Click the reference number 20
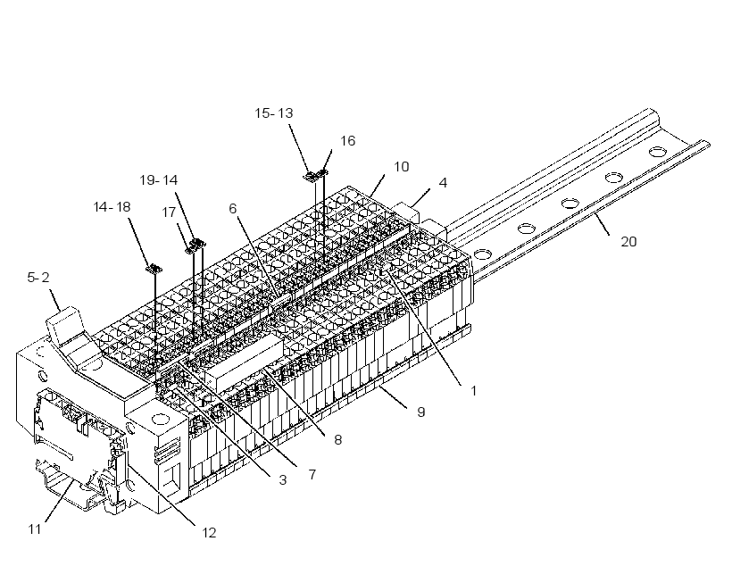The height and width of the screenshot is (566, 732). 628,241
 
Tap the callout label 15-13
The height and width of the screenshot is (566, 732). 274,113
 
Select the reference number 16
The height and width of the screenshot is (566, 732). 347,140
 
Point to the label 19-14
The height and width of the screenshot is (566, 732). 159,179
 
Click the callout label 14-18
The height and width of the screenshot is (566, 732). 112,207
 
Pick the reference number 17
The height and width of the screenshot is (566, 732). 169,212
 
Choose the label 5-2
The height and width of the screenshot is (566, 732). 38,278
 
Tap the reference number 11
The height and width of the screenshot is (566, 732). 35,529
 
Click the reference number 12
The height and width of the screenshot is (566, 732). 209,532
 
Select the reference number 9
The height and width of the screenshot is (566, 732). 421,412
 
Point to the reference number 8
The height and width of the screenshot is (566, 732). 337,439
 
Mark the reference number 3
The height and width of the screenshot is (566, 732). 282,479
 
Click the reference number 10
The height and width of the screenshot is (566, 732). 402,167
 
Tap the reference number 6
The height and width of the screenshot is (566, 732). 233,208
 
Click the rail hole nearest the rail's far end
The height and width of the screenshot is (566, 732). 658,151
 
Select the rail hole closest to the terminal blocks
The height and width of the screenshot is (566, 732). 483,254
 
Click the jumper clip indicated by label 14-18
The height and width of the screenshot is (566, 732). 154,269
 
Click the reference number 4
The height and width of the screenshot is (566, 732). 443,183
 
